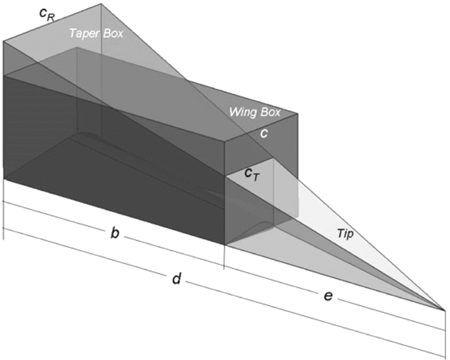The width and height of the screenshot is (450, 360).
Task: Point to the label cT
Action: [251, 173]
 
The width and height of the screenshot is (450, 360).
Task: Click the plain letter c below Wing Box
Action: [264, 134]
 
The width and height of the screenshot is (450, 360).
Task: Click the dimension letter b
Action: [115, 234]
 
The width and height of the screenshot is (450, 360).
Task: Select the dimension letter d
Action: [176, 278]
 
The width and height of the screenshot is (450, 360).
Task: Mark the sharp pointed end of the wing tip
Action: [445, 309]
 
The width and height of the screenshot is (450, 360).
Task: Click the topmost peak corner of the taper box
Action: [101, 3]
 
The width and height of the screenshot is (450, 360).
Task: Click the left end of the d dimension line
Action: [4, 230]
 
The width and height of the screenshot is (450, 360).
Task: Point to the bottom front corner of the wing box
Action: [224, 245]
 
